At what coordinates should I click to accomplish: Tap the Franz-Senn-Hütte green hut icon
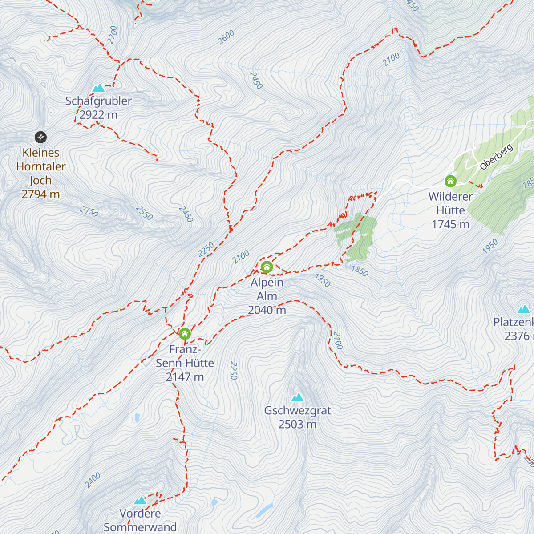tap(185, 333)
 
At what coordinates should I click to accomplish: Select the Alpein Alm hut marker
tap(267, 267)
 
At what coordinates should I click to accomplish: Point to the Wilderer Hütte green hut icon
tap(451, 181)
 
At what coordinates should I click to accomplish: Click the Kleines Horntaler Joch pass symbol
tap(40, 137)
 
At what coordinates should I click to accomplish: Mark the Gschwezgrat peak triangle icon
tap(297, 397)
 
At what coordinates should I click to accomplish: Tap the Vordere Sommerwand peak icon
tap(140, 500)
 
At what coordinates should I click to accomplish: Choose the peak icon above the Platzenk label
tap(524, 309)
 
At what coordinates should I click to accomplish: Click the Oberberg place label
tap(496, 157)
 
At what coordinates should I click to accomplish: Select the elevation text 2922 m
tap(98, 115)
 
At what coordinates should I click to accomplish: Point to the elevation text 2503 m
tap(297, 425)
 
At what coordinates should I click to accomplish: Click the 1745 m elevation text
tap(450, 224)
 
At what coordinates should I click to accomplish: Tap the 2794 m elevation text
tap(40, 194)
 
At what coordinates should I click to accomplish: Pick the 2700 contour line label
tap(113, 35)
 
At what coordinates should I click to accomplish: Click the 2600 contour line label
tap(226, 37)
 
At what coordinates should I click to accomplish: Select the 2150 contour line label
tap(89, 211)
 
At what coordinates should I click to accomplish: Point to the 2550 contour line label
tap(145, 213)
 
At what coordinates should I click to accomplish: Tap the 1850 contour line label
tap(360, 271)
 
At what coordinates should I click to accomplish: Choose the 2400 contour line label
tap(93, 480)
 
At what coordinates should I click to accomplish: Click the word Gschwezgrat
tap(297, 410)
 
